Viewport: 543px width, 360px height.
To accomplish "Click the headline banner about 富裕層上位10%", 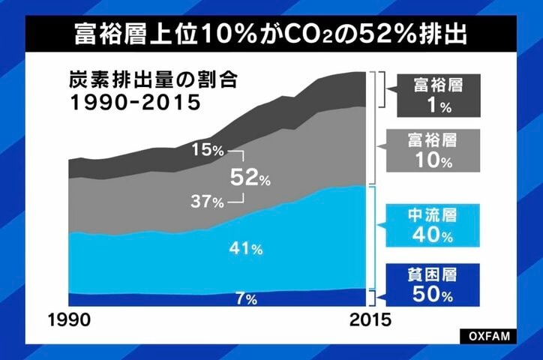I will tap(271, 33).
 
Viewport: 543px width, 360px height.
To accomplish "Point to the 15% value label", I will tap(208, 150).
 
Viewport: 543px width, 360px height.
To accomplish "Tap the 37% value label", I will tap(208, 202).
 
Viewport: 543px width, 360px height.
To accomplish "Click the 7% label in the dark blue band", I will tap(246, 298).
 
